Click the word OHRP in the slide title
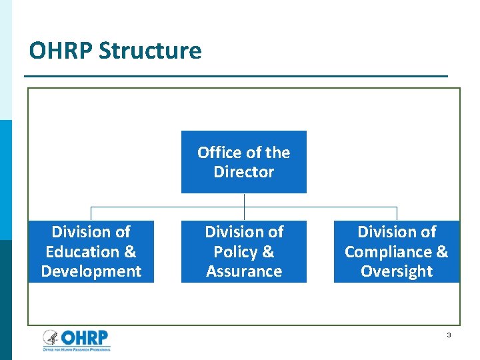(61, 51)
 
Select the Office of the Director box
(243, 162)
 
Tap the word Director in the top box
(243, 172)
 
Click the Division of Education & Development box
(91, 251)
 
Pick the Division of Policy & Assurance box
(243, 251)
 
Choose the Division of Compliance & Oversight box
(396, 251)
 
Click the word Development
(91, 271)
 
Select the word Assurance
(244, 271)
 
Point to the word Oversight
(397, 271)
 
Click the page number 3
(449, 335)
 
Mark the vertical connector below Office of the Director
(244, 200)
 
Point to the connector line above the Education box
(91, 213)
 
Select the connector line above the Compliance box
(397, 213)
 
